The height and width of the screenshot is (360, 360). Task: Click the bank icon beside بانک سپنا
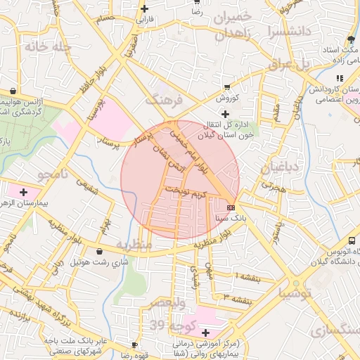pos(231,207)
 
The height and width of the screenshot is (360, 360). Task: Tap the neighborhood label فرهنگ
pos(163,100)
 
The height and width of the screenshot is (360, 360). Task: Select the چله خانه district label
pos(47,47)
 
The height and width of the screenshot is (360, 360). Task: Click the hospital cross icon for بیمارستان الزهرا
pos(25,191)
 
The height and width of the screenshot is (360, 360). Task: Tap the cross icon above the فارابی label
pos(145,9)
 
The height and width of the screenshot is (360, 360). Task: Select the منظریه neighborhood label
pos(134,245)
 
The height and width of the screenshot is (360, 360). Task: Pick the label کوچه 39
pos(172,326)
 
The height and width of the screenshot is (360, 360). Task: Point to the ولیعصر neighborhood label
pos(167,303)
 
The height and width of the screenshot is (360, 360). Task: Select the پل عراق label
pos(289,65)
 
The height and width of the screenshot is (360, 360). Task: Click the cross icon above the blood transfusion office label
pos(225,114)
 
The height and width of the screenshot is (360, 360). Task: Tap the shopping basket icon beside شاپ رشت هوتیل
pos(98,251)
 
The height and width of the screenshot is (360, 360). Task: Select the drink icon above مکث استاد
pos(351,38)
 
